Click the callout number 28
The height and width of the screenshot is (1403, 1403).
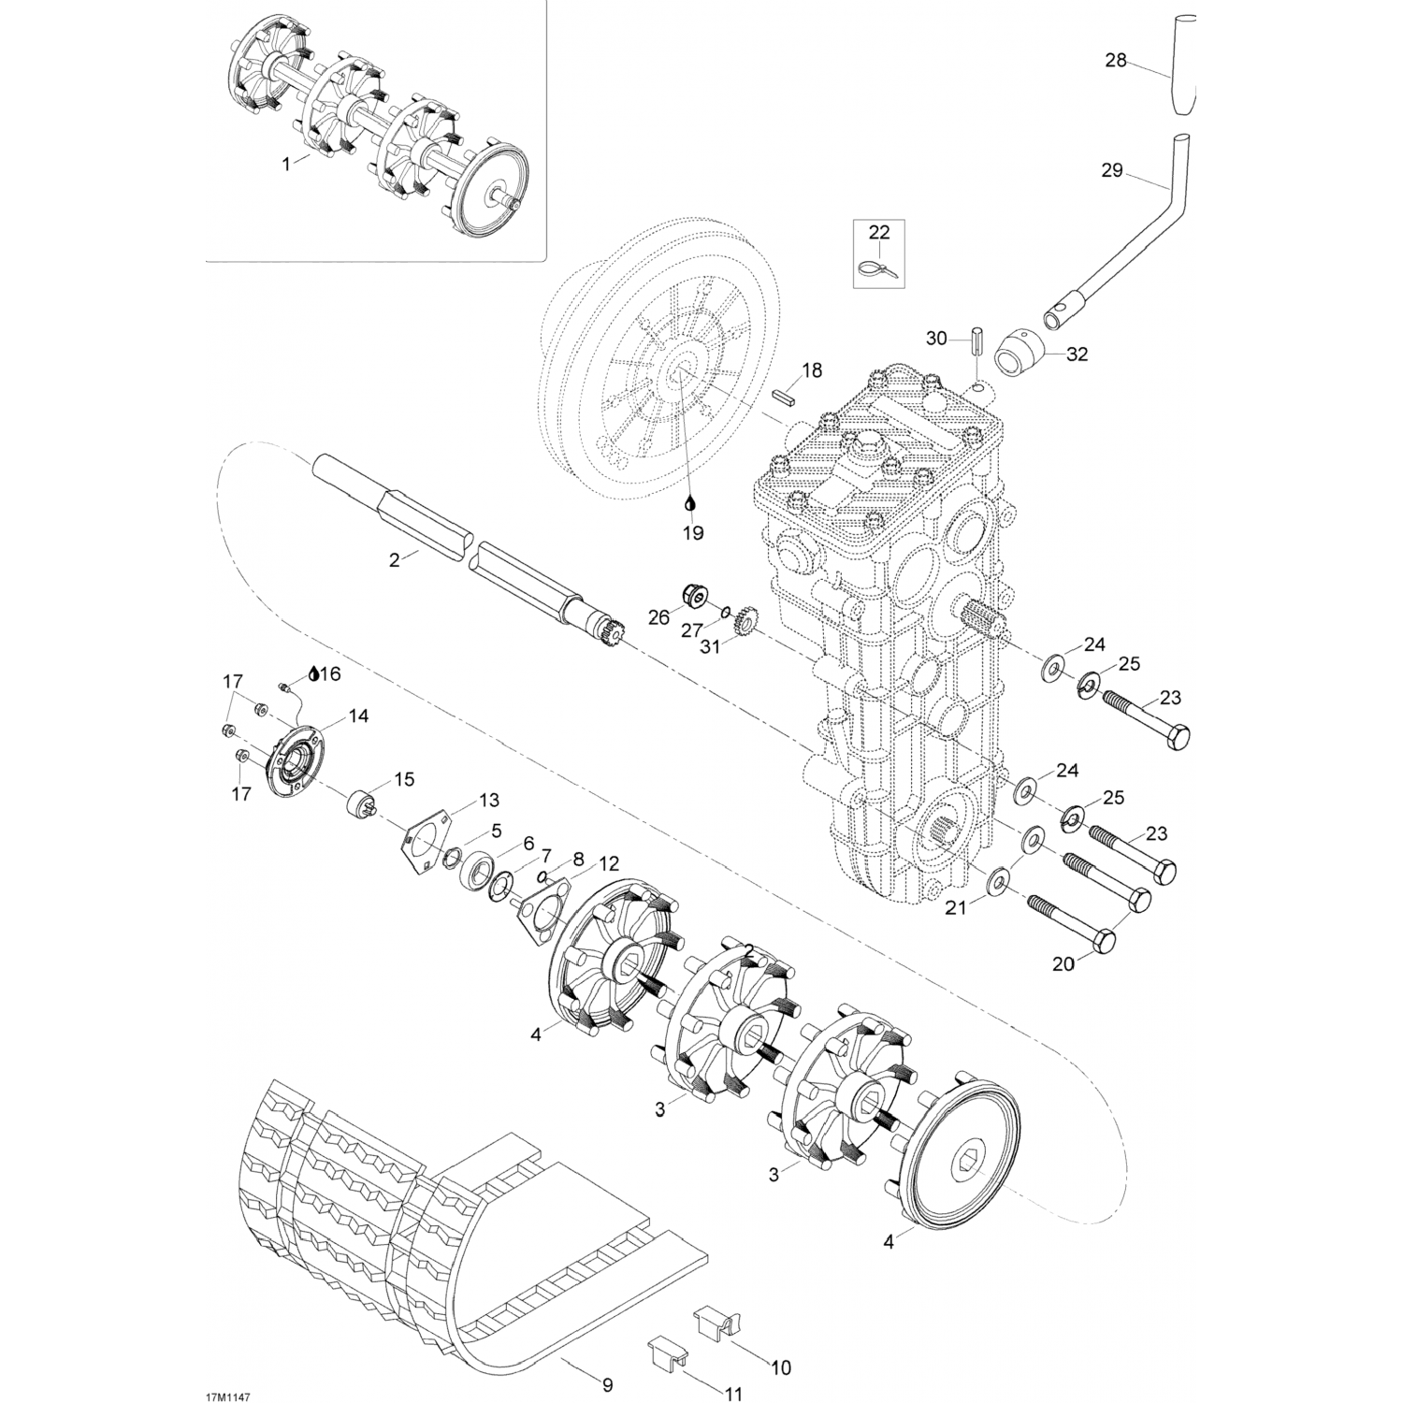(1116, 61)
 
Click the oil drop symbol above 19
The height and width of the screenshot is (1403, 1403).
(691, 503)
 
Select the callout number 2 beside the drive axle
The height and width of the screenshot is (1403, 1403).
(395, 560)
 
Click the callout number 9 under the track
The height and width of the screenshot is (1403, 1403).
(607, 1385)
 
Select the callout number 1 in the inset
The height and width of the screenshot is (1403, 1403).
(286, 163)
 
